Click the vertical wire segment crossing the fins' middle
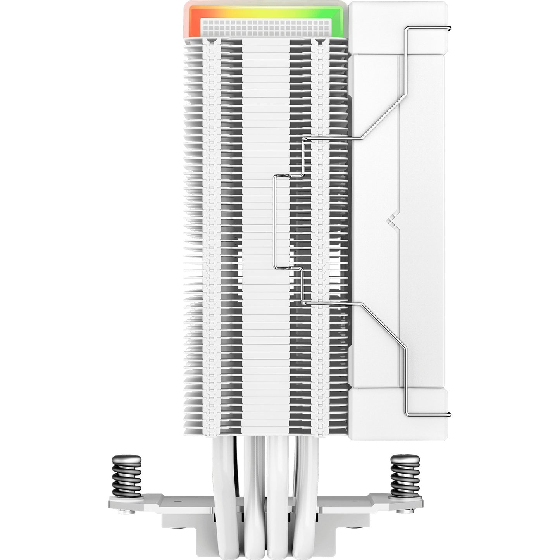[274, 221]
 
